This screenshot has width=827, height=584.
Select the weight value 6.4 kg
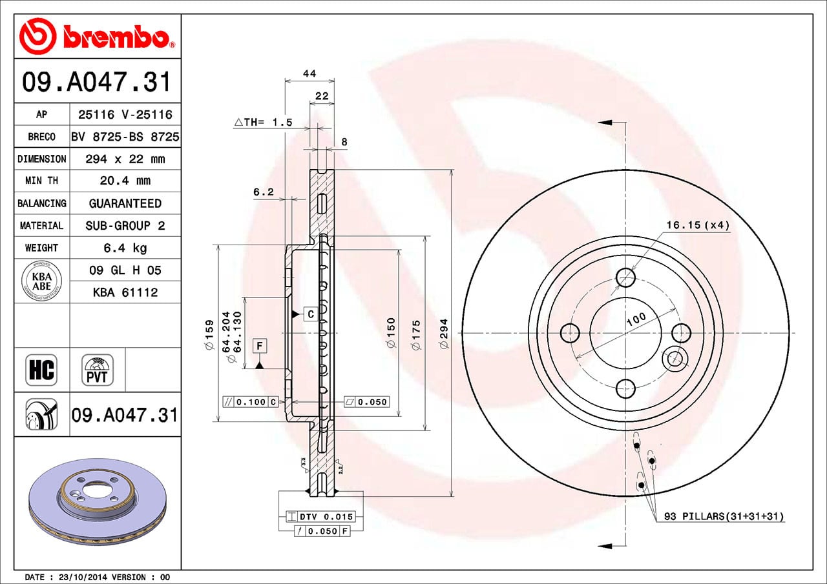[125, 248]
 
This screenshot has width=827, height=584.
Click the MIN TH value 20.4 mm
[125, 181]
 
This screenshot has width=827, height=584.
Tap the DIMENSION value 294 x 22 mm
[125, 159]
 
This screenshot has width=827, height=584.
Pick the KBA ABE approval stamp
[41, 281]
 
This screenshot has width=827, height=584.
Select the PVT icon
[97, 370]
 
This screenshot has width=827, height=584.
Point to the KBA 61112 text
[125, 292]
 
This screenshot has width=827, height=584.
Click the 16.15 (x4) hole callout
[697, 225]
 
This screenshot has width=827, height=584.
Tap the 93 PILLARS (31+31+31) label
[724, 517]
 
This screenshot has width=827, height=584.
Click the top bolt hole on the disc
[625, 277]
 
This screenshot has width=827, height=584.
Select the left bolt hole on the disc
[570, 333]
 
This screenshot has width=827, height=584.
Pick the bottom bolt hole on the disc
[625, 388]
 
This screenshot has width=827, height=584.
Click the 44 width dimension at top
[309, 74]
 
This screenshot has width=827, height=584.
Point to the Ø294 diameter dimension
[443, 334]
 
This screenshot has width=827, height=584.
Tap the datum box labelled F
[259, 346]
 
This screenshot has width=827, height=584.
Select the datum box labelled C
[310, 314]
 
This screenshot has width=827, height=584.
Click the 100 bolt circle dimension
[636, 318]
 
